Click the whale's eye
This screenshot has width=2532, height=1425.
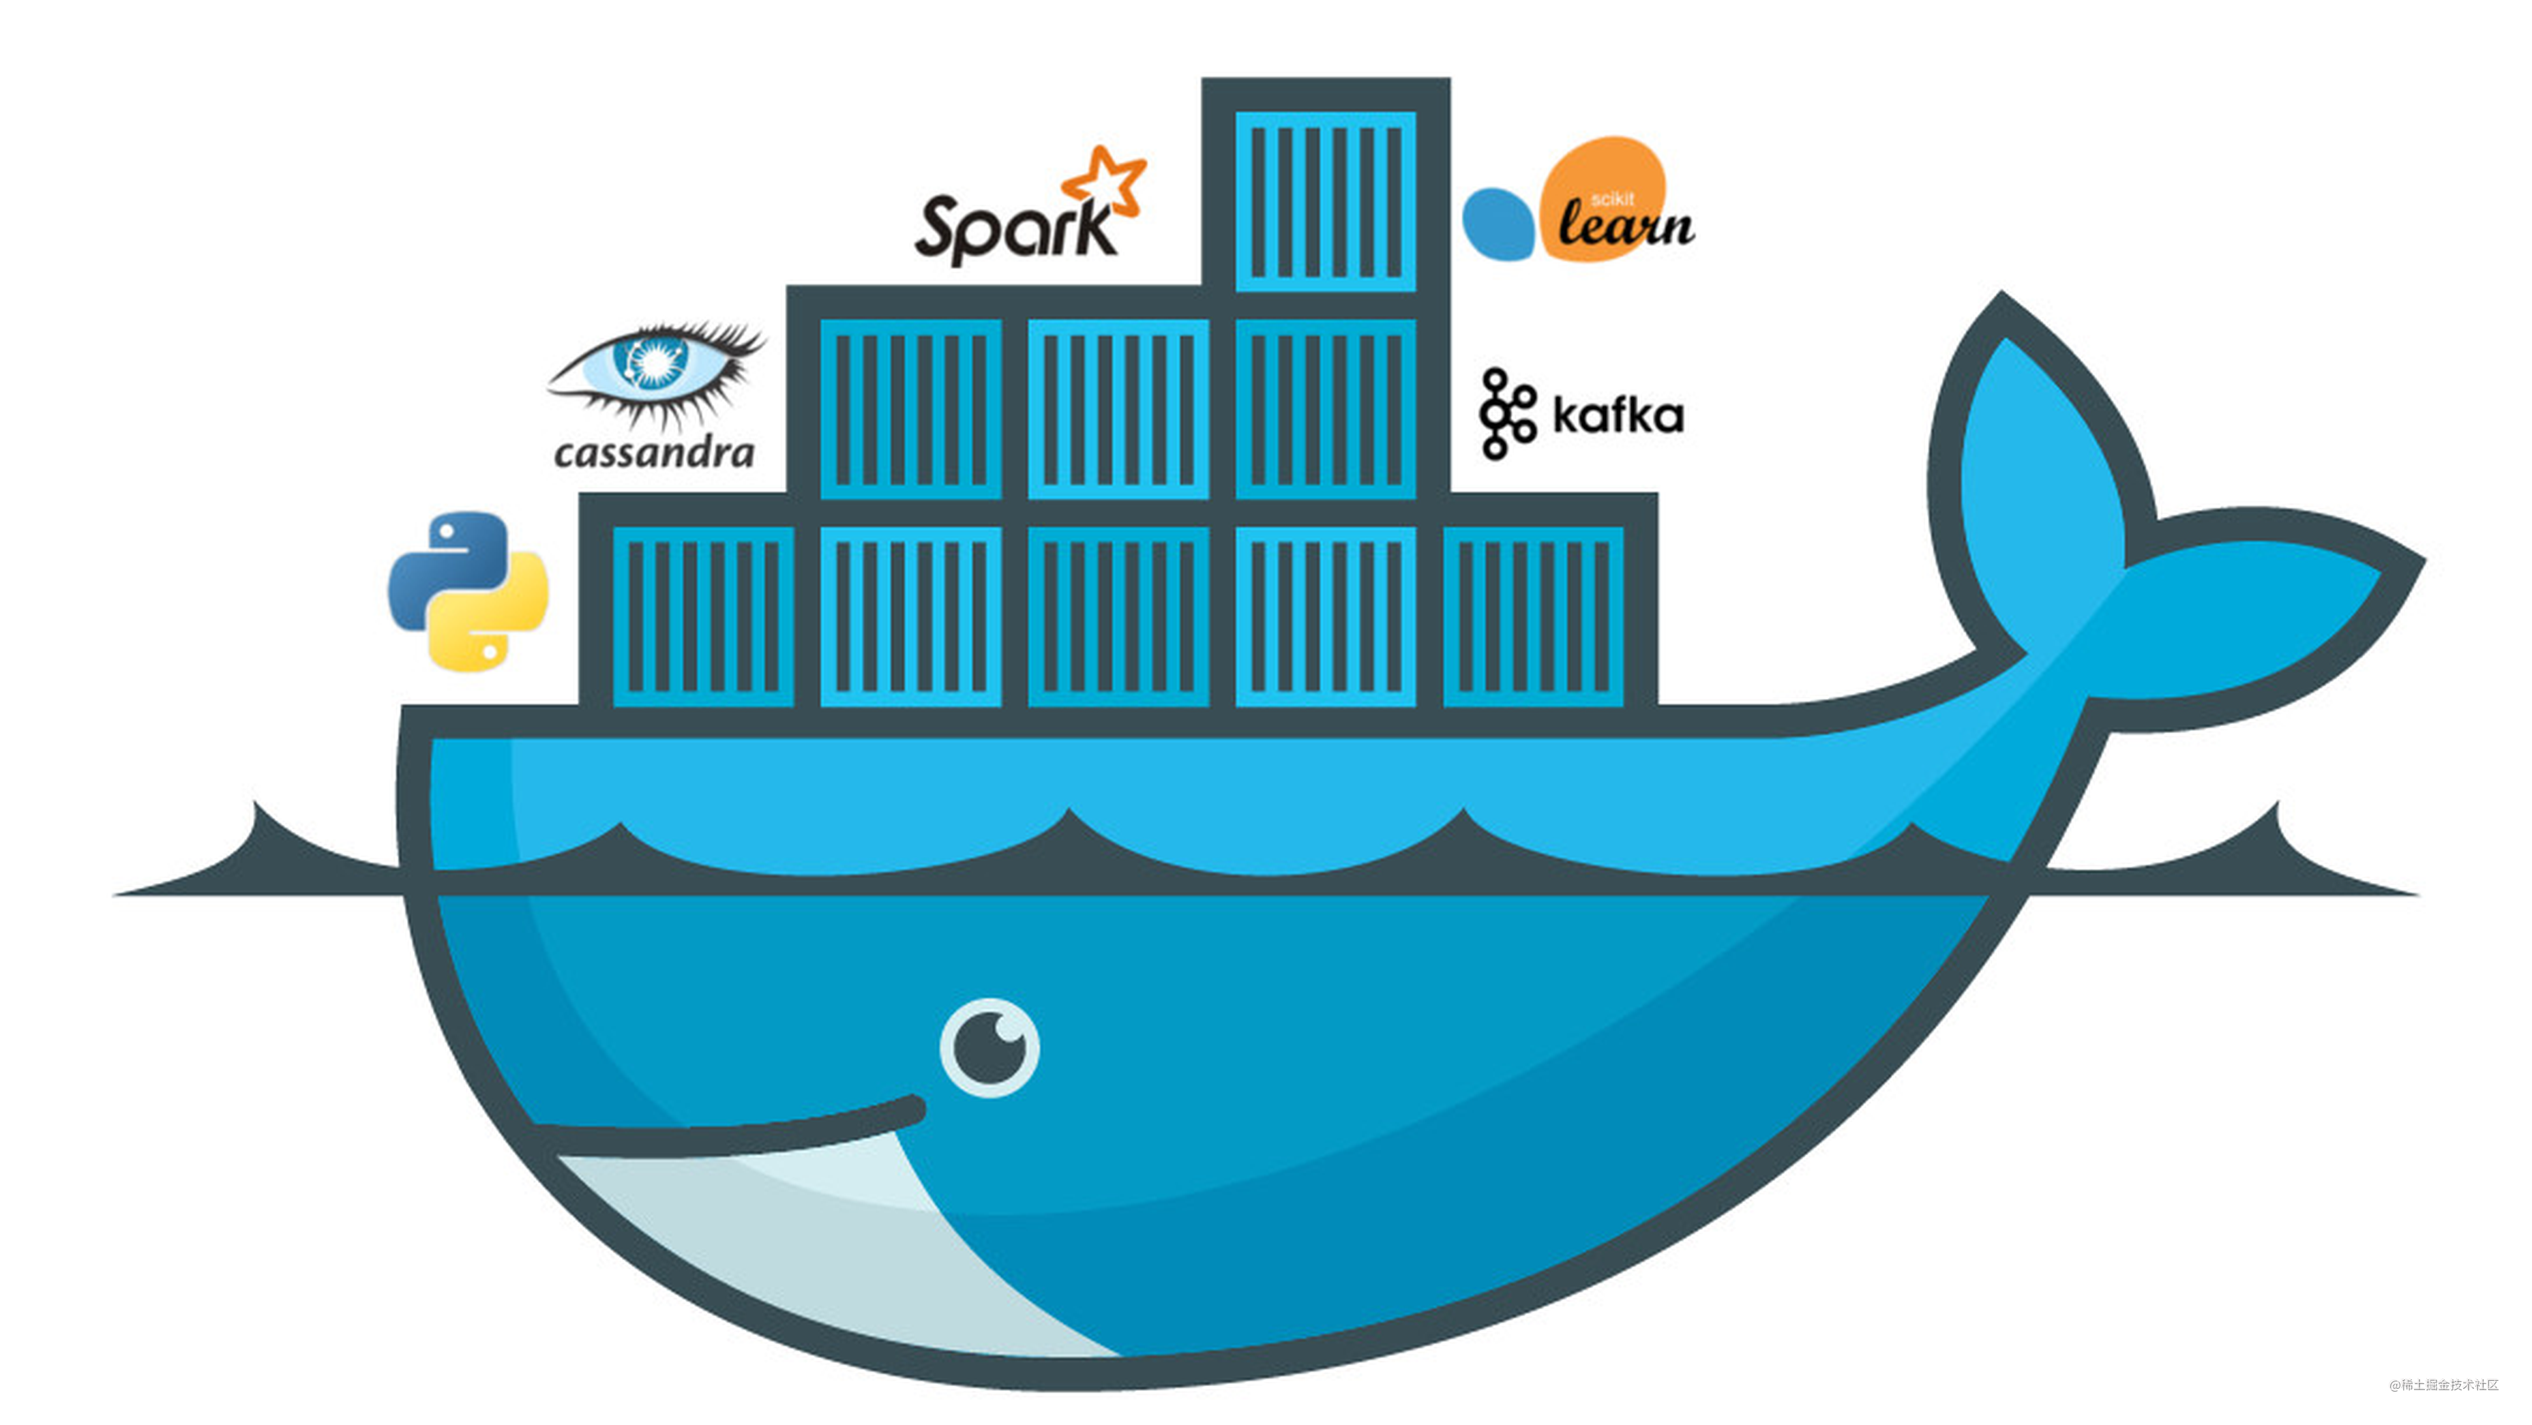pos(989,1048)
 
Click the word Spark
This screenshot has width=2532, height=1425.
pos(1013,231)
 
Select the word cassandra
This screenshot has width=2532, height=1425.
pos(654,453)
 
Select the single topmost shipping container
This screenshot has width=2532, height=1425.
pos(1325,200)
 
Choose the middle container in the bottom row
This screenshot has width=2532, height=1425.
pos(1118,616)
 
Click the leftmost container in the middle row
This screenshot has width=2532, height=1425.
pos(910,409)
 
